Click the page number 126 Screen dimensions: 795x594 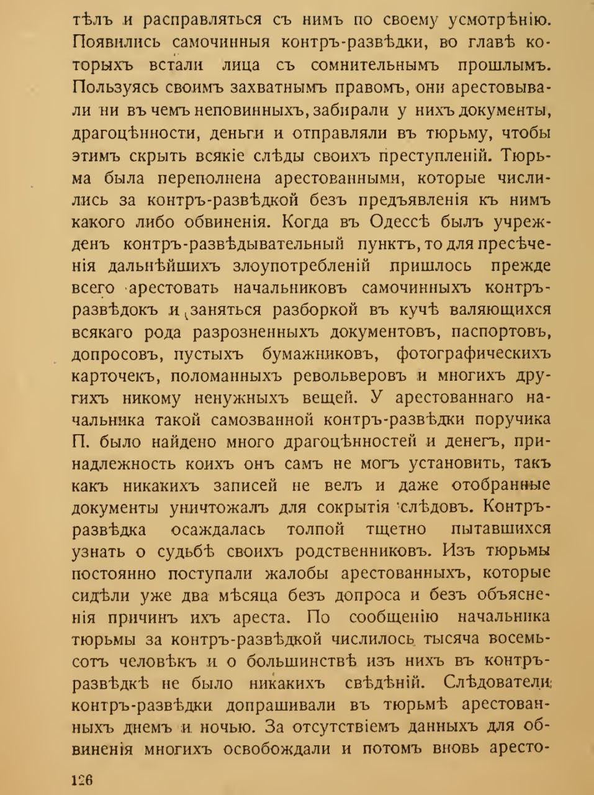tap(83, 779)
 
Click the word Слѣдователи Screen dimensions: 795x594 tap(497, 684)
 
